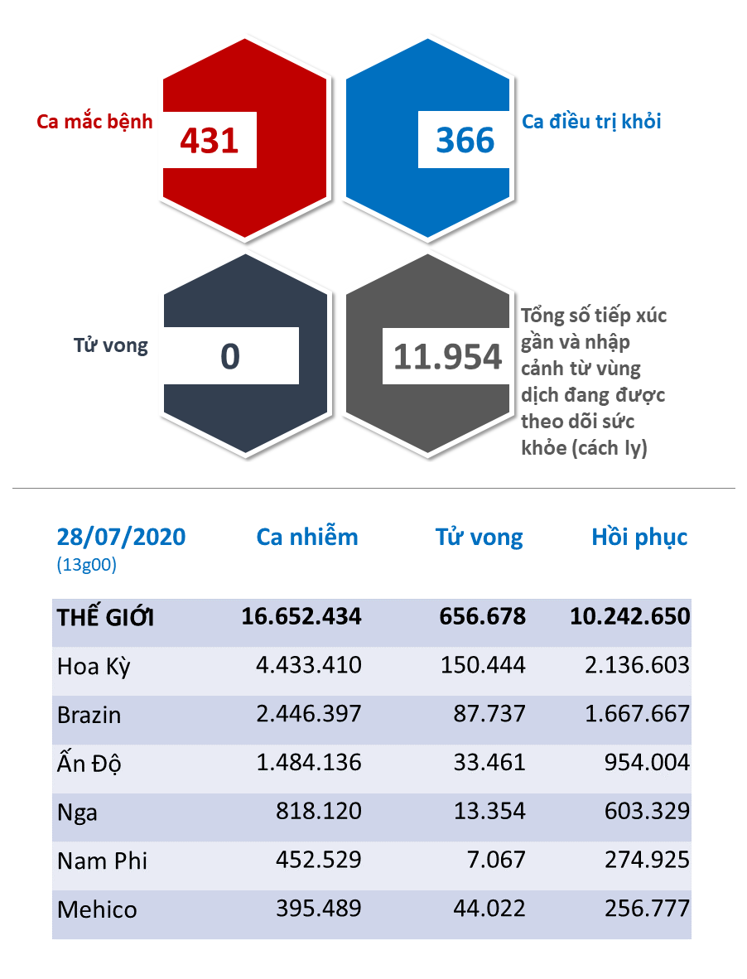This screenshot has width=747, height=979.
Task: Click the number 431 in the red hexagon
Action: point(210,140)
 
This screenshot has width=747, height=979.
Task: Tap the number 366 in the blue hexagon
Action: point(465,140)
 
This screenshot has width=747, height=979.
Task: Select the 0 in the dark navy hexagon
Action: point(230,356)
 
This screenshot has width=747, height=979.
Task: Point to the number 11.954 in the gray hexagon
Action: point(447,356)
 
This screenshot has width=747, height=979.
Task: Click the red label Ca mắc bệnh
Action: point(95,121)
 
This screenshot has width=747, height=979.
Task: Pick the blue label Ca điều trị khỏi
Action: point(591,121)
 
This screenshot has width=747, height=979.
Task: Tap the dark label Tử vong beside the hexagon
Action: point(110,345)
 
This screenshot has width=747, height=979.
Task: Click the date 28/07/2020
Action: point(122,537)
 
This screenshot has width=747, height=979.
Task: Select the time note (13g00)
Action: point(86,566)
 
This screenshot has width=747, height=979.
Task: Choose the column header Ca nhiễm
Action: point(307,537)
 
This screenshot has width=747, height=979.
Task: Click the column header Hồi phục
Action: point(639,537)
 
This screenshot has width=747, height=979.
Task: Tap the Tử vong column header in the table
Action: point(480,537)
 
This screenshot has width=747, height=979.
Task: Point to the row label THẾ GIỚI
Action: point(105,617)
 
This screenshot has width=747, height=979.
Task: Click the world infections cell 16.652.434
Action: point(301,617)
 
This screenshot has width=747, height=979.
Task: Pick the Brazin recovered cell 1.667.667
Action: point(637,714)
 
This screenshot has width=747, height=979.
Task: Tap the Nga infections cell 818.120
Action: point(319,812)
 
